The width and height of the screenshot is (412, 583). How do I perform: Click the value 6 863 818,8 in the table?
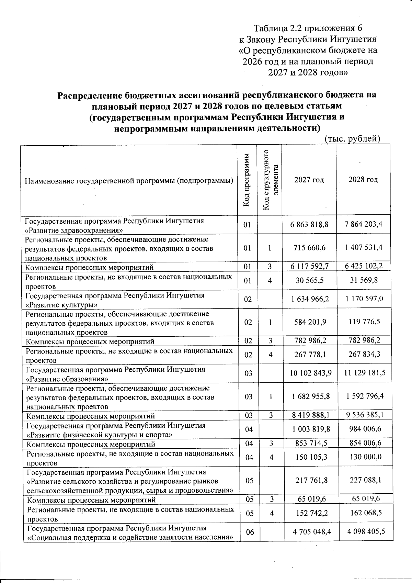tap(309, 225)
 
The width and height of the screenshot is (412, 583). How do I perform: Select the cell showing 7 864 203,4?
tap(364, 225)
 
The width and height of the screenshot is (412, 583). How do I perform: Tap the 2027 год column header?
tap(309, 180)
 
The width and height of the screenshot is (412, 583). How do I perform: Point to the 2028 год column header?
tap(363, 180)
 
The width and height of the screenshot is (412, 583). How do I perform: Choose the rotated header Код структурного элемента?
tap(270, 180)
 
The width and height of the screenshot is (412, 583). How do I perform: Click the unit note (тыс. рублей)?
tap(352, 139)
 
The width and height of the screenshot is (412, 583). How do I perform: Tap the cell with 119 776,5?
tap(364, 322)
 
